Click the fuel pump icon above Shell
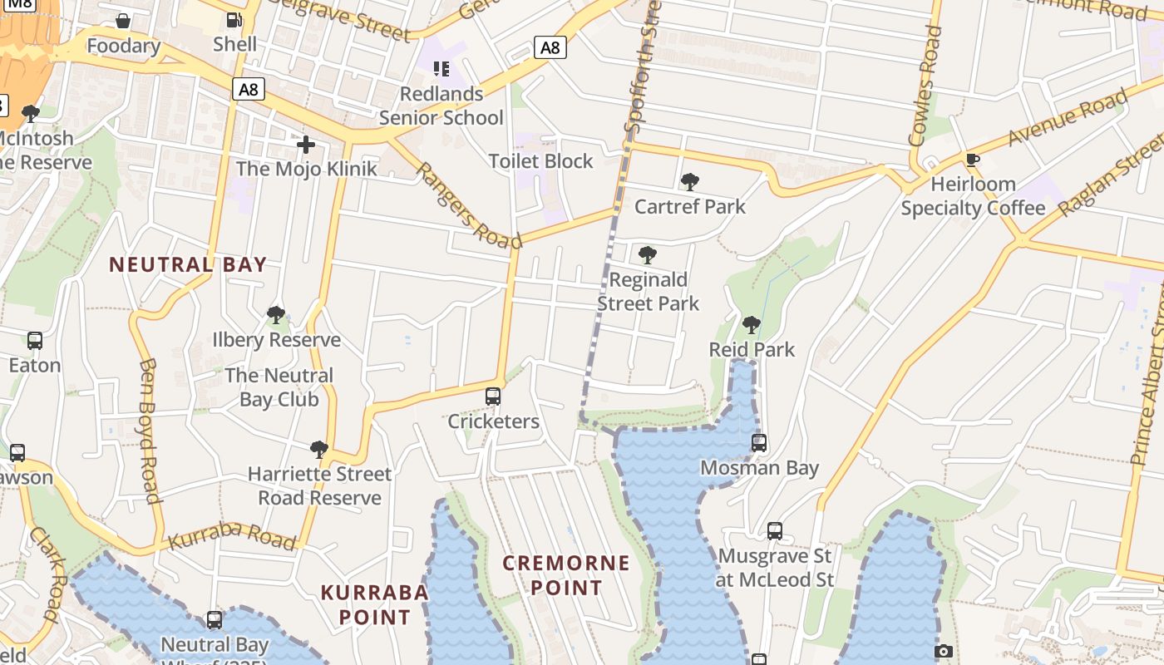click(x=234, y=20)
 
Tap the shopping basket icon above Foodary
click(x=123, y=21)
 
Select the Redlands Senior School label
click(x=441, y=106)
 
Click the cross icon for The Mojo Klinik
click(x=306, y=145)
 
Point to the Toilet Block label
click(x=541, y=161)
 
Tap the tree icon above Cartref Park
click(x=689, y=182)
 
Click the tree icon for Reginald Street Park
click(x=647, y=255)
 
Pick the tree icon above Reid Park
click(x=752, y=325)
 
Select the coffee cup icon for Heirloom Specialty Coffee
click(x=973, y=160)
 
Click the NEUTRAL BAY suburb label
click(x=188, y=265)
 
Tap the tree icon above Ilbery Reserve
click(x=276, y=315)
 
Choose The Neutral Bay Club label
click(x=279, y=387)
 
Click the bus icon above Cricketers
click(x=493, y=397)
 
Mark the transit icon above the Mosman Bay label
click(x=759, y=443)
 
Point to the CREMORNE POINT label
click(x=566, y=575)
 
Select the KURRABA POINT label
click(x=375, y=604)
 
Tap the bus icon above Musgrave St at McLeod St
click(x=775, y=530)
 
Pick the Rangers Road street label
click(x=468, y=205)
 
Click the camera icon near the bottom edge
click(x=943, y=651)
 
